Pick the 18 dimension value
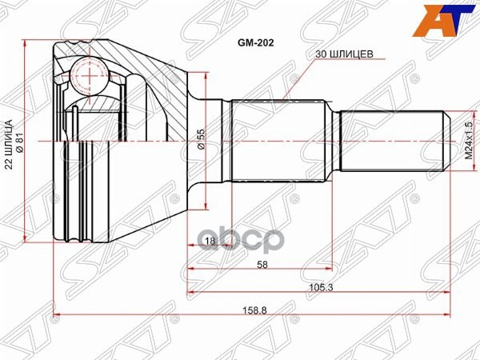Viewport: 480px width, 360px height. tap(210, 240)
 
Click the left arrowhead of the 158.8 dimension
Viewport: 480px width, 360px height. tap(57, 314)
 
